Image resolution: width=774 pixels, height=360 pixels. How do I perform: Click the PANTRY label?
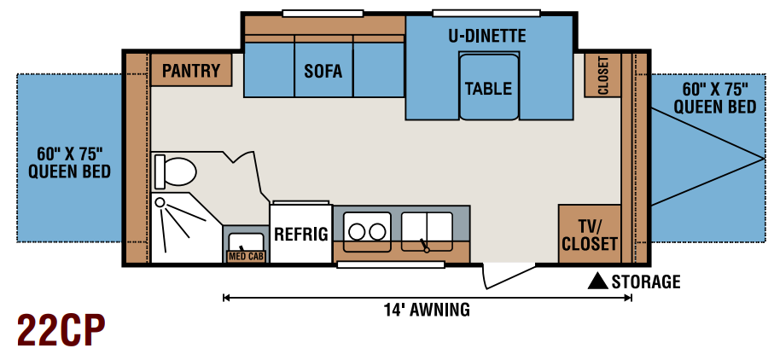tap(191, 71)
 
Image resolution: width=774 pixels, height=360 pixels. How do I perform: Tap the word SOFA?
tap(323, 71)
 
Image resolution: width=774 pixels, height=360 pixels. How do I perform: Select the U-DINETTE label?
tap(487, 36)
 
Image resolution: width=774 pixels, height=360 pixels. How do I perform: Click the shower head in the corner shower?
tap(160, 201)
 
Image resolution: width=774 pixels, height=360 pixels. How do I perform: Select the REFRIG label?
tap(301, 235)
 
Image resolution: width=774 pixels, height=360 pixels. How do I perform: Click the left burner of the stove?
tap(357, 232)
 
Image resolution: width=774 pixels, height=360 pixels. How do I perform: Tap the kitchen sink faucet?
tap(424, 246)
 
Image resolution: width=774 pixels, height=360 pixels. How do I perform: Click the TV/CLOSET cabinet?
tap(590, 234)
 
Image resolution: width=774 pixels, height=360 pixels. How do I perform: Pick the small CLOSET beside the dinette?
tap(602, 74)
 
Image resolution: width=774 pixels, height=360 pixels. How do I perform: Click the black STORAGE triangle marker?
tap(597, 281)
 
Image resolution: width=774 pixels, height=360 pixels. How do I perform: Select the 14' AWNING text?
tap(427, 311)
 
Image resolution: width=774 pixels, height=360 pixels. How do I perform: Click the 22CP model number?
tap(61, 330)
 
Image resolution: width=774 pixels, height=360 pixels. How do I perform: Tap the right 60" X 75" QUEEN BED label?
tap(715, 98)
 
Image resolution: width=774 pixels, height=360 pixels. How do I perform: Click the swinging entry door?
tap(509, 277)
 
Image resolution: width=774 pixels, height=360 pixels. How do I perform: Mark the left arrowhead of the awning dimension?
tap(227, 298)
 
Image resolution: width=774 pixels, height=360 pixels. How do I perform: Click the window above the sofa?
tap(323, 14)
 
